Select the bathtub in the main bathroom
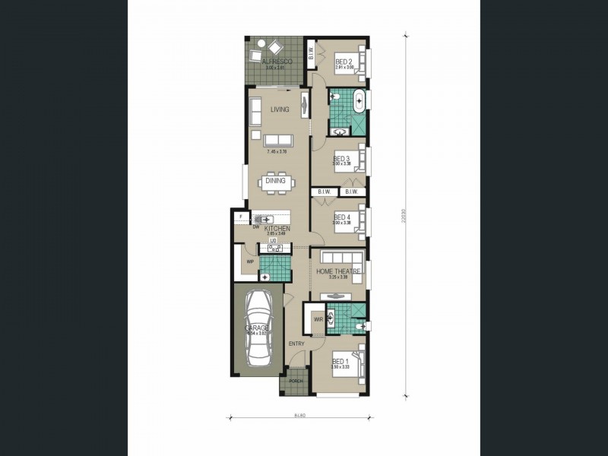coord(360,102)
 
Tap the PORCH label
coord(296,382)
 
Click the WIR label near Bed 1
coord(318,320)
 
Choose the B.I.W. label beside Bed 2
coord(312,52)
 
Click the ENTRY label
coord(296,344)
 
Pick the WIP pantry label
coord(250,261)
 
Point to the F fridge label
coord(239,217)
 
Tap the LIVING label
coord(280,110)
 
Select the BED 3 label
coord(341,158)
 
